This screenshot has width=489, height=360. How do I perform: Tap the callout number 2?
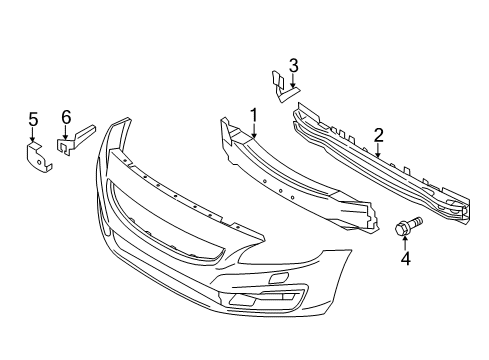click(379, 135)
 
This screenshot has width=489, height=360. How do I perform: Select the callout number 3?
click(293, 66)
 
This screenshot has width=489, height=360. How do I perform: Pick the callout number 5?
click(33, 121)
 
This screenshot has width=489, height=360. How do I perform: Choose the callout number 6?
click(66, 117)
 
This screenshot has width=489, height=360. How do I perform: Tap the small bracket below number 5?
click(35, 157)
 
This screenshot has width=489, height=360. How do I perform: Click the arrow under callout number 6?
click(66, 134)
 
